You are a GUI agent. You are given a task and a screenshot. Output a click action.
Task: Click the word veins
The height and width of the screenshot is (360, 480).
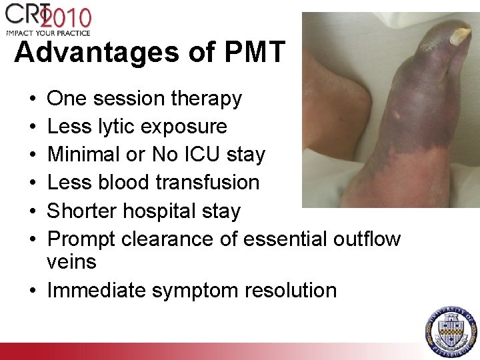(x=72, y=261)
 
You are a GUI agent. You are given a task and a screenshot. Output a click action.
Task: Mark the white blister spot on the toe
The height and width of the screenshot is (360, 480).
(x=398, y=114)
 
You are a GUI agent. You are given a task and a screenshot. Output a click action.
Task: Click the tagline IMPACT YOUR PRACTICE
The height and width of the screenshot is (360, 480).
(x=48, y=31)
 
